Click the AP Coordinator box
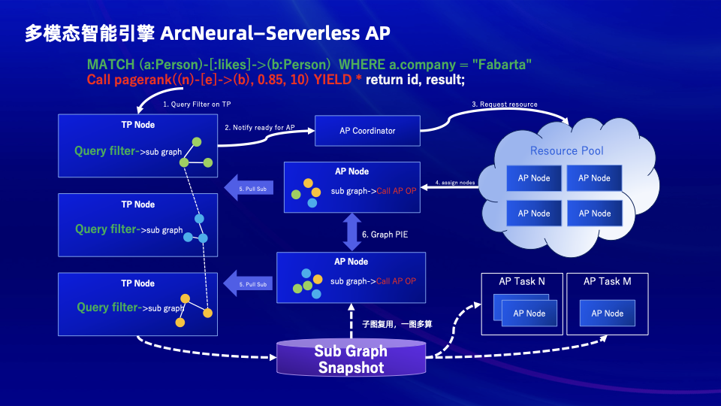click(x=367, y=131)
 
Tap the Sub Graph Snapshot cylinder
click(x=351, y=359)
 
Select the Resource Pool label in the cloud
click(x=566, y=150)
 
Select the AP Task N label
click(x=522, y=281)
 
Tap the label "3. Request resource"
click(x=504, y=105)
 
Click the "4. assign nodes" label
click(x=454, y=183)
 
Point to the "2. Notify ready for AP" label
click(x=259, y=128)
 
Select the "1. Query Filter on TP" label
click(x=197, y=105)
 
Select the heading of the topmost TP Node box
click(x=138, y=125)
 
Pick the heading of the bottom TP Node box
click(x=138, y=283)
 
